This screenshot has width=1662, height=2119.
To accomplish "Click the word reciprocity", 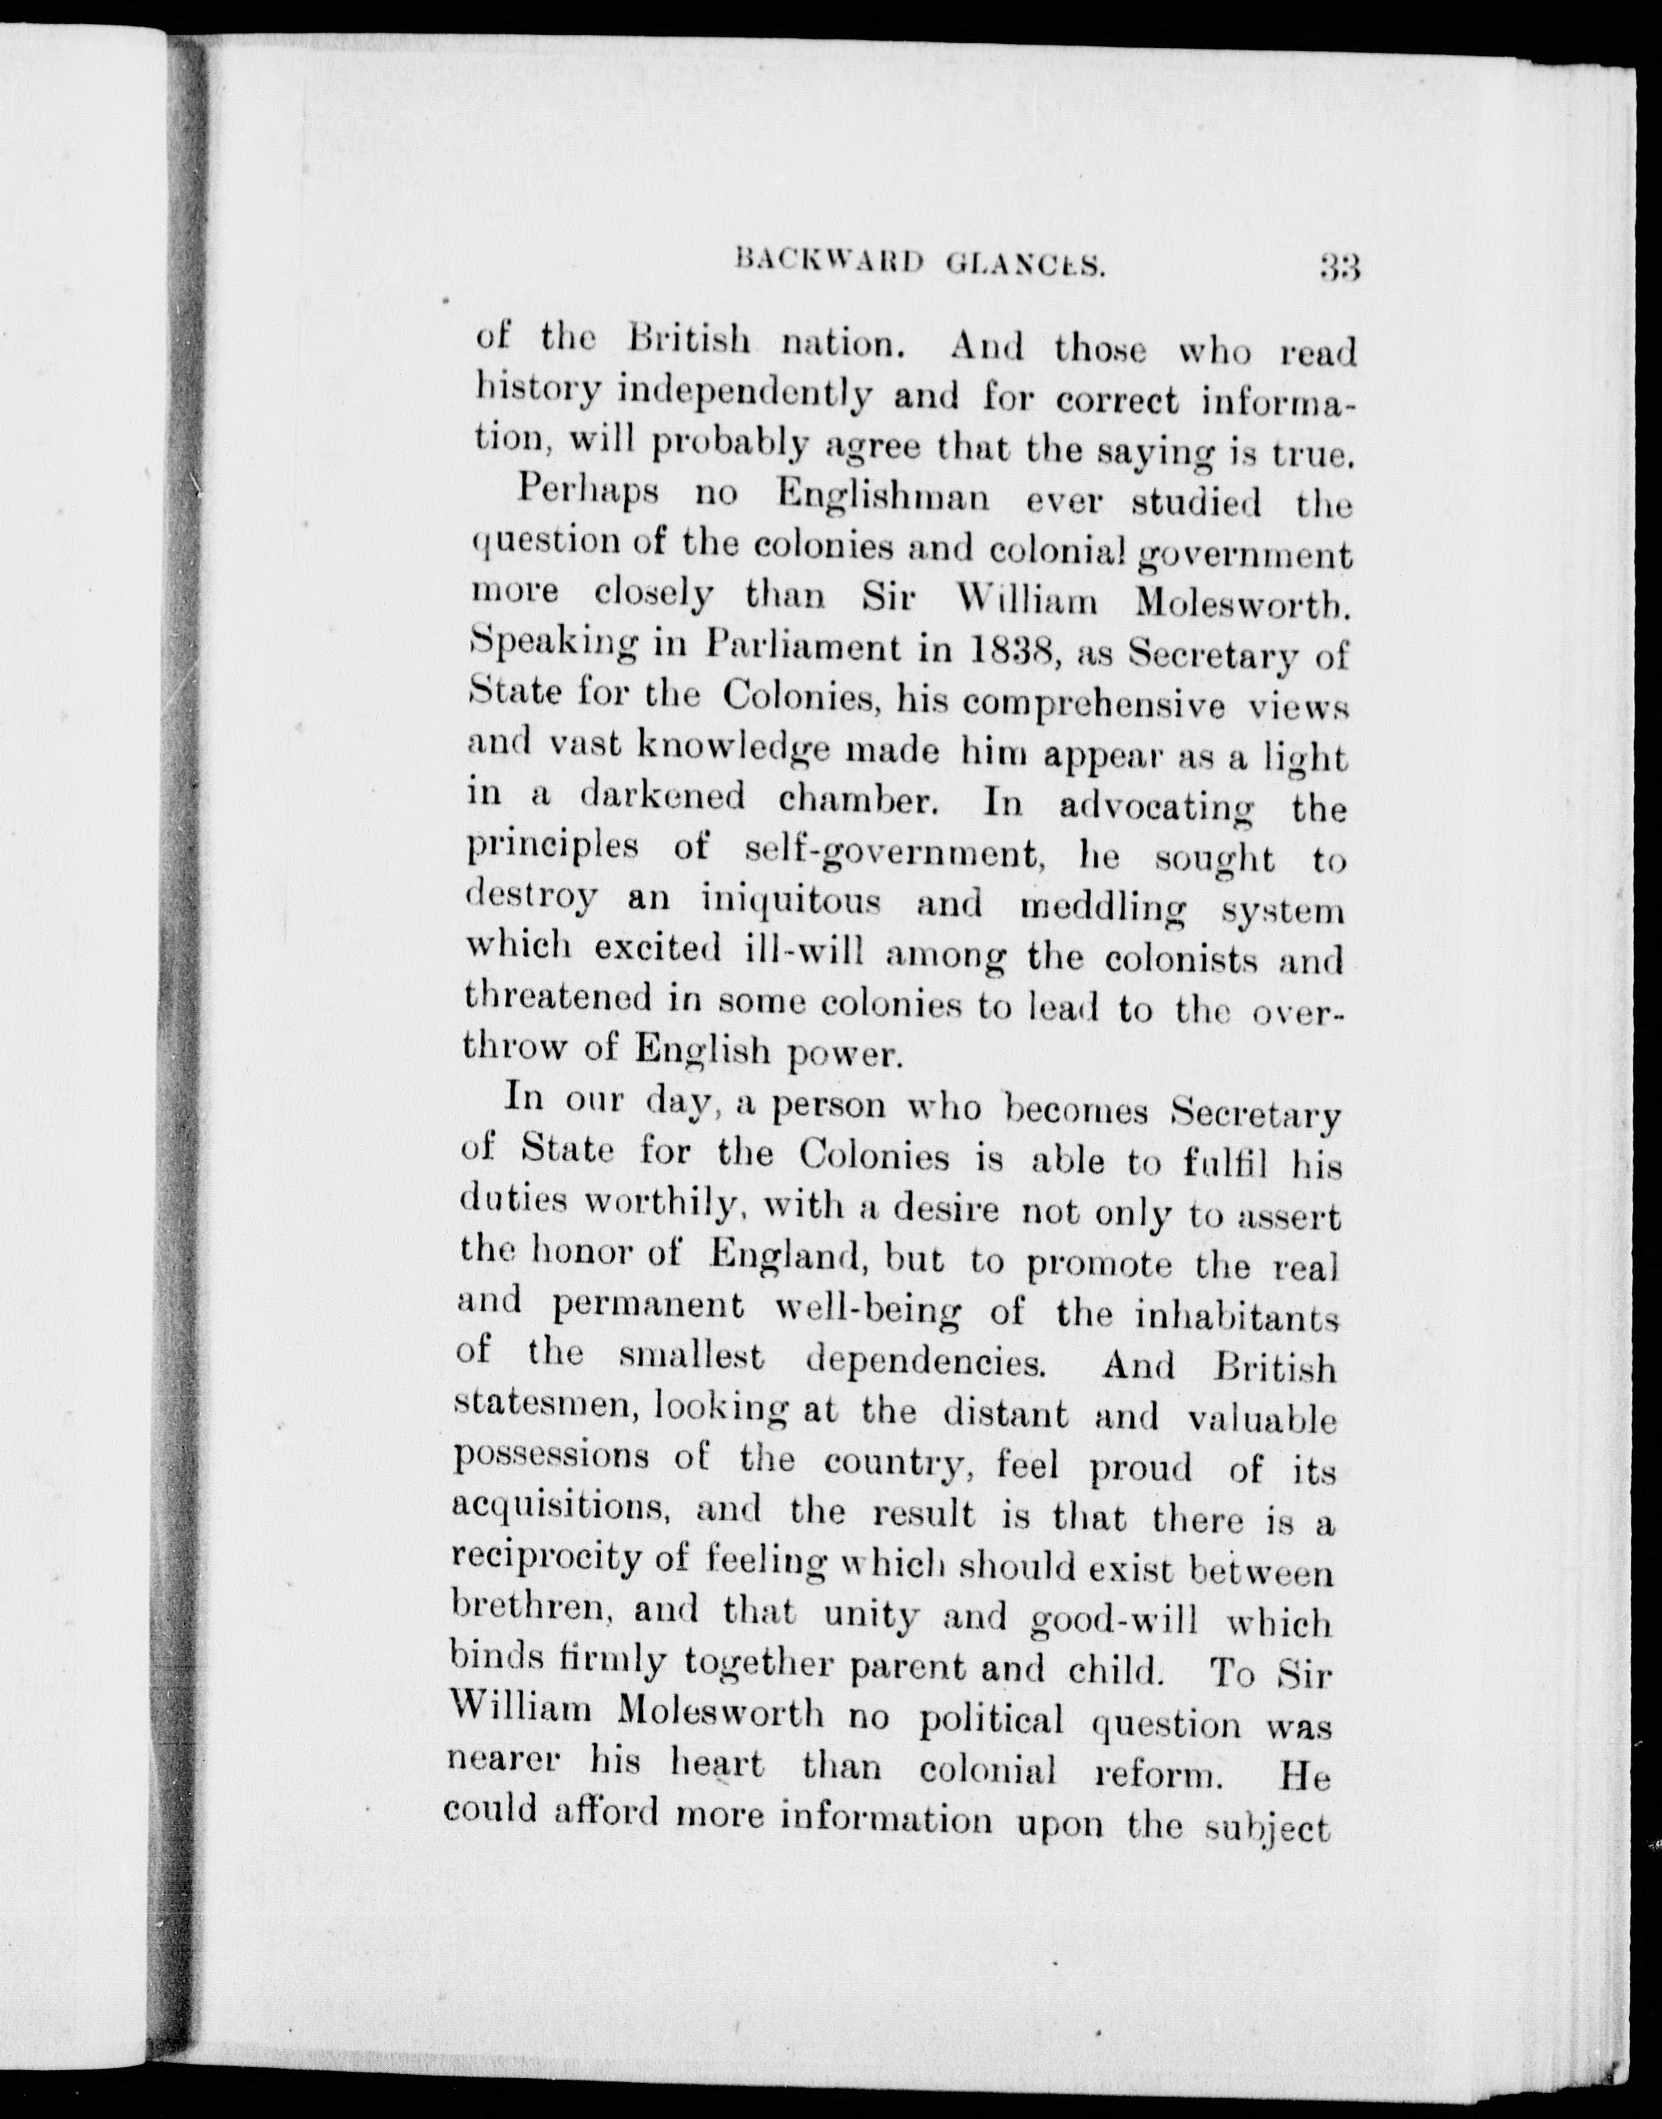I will [548, 1561].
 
